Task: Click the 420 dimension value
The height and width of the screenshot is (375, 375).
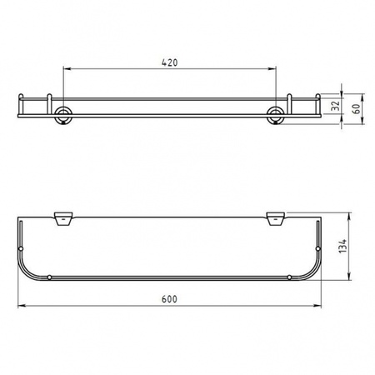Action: tap(169, 62)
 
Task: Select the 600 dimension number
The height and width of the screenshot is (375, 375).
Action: tap(169, 298)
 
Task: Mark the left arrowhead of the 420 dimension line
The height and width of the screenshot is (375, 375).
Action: tap(66, 69)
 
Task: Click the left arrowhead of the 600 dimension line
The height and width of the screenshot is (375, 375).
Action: tap(20, 306)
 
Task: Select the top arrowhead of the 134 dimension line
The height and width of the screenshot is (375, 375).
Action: tap(344, 215)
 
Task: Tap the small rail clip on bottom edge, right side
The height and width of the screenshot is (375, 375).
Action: tap(287, 276)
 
